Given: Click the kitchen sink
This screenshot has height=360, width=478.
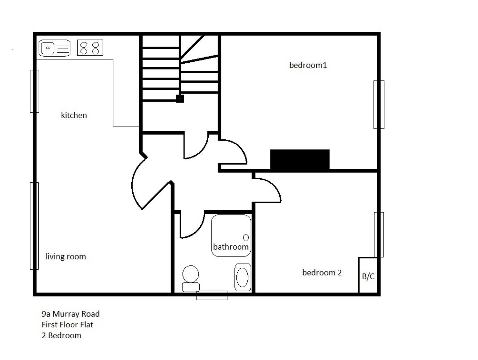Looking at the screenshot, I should [54, 48].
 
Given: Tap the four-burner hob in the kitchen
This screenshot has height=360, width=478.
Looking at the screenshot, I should [90, 48].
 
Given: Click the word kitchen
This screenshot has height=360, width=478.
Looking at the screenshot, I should [74, 115].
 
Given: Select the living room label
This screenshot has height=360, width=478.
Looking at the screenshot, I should [66, 257].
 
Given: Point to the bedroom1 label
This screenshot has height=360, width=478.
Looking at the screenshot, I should [308, 65].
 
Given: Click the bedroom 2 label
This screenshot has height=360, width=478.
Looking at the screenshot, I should [322, 273].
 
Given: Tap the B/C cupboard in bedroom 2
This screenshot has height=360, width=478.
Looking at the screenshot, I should [368, 276].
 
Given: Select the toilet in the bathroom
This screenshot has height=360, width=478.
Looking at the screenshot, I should [191, 279].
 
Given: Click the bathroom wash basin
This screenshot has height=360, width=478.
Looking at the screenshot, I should [242, 277].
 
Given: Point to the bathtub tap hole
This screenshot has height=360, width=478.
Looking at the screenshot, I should [246, 237].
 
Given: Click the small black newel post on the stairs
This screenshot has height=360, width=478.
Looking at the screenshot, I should [180, 98].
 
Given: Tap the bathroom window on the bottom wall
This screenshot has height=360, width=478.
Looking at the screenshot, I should [212, 295].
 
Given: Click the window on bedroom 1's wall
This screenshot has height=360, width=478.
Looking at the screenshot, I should [379, 104].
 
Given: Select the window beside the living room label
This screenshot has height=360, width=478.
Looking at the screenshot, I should [34, 226].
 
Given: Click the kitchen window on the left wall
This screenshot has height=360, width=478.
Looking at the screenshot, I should [34, 91].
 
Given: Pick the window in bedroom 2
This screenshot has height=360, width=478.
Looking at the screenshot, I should [379, 234].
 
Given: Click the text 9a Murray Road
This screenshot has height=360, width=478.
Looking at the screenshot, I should [70, 314].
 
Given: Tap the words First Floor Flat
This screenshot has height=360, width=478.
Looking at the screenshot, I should [67, 325].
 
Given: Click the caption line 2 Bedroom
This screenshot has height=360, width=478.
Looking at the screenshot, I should [61, 336].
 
